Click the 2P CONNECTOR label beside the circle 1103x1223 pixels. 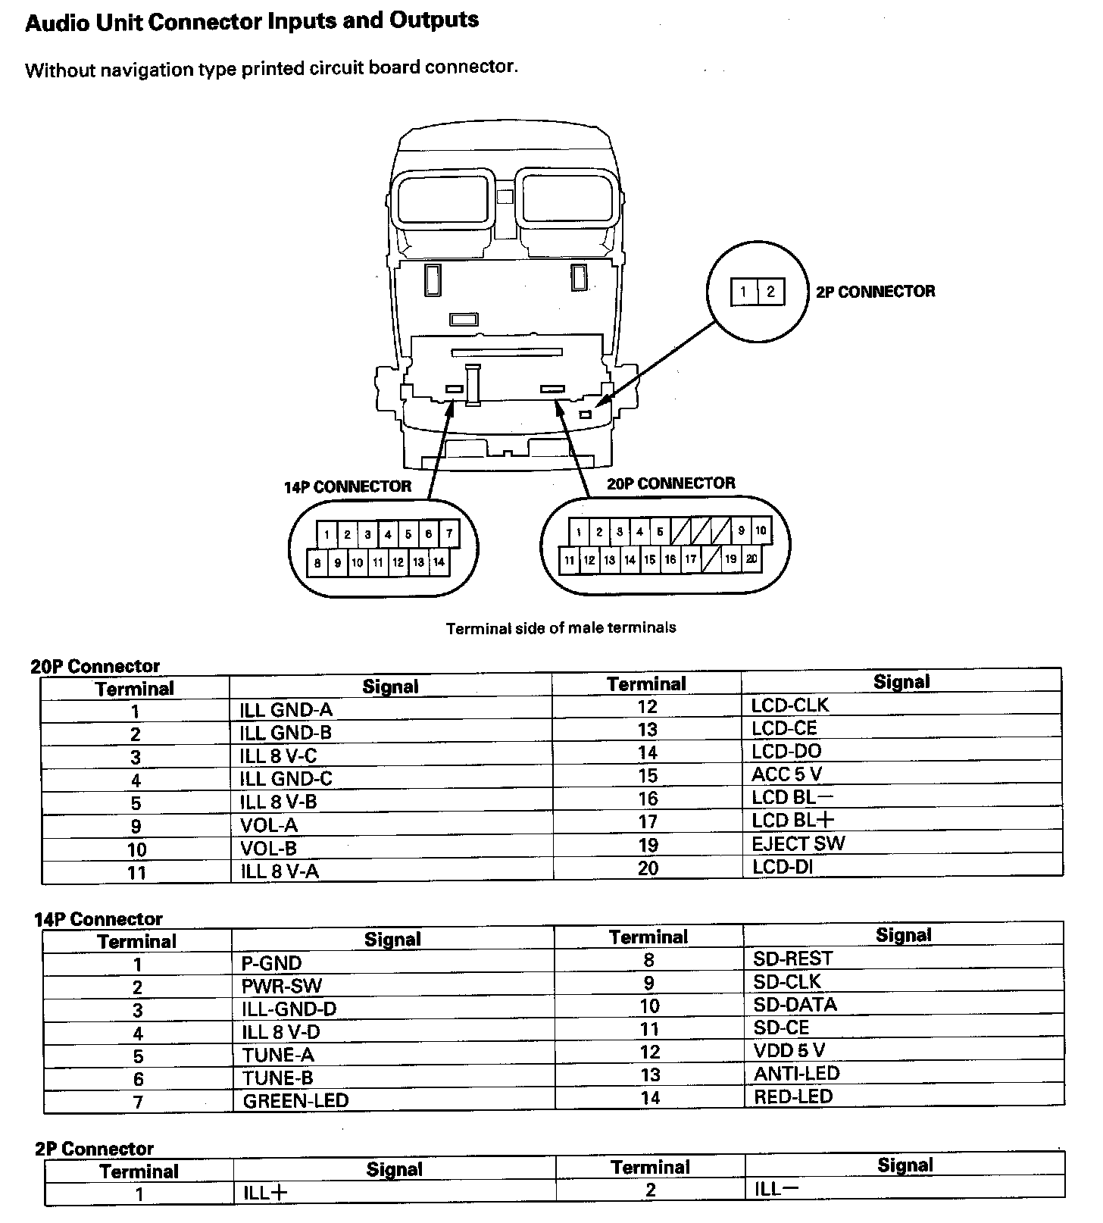pos(875,292)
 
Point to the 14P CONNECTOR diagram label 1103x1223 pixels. pos(348,486)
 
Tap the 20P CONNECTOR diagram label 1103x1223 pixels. pos(670,483)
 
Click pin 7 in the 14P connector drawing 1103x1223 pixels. pos(449,534)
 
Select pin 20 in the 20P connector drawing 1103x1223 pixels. pos(751,559)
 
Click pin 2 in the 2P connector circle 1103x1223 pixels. pos(770,292)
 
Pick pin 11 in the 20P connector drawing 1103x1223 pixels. pos(569,561)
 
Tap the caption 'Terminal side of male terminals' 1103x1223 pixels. pos(561,628)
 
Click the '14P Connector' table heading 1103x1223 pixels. pos(98,919)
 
